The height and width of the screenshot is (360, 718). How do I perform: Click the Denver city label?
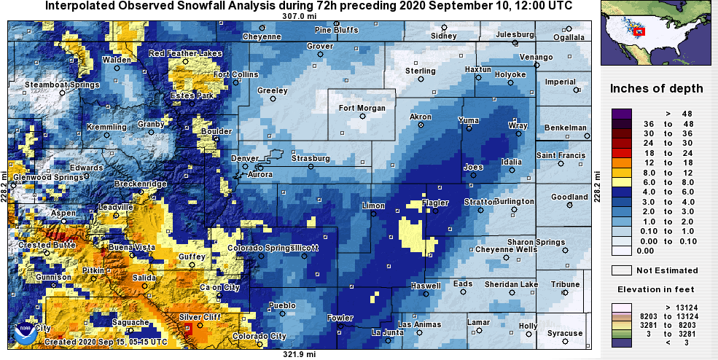[x=244, y=158]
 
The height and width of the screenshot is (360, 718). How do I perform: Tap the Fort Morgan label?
[x=362, y=109]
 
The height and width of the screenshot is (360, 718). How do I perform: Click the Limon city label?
[x=373, y=206]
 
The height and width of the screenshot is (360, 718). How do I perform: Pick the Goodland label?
[x=569, y=197]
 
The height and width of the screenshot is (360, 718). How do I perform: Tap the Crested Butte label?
[x=44, y=245]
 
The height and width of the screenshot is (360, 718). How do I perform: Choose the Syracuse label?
[x=566, y=334]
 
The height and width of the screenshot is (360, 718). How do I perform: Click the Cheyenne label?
[x=262, y=36]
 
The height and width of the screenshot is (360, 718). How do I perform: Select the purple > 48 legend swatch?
[x=621, y=114]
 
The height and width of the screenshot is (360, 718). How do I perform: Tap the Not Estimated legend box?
[x=621, y=270]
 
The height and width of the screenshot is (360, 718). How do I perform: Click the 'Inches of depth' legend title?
[x=656, y=89]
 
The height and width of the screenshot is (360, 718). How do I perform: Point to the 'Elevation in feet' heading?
[x=656, y=289]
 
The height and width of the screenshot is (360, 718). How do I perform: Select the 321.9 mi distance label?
[x=300, y=354]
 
